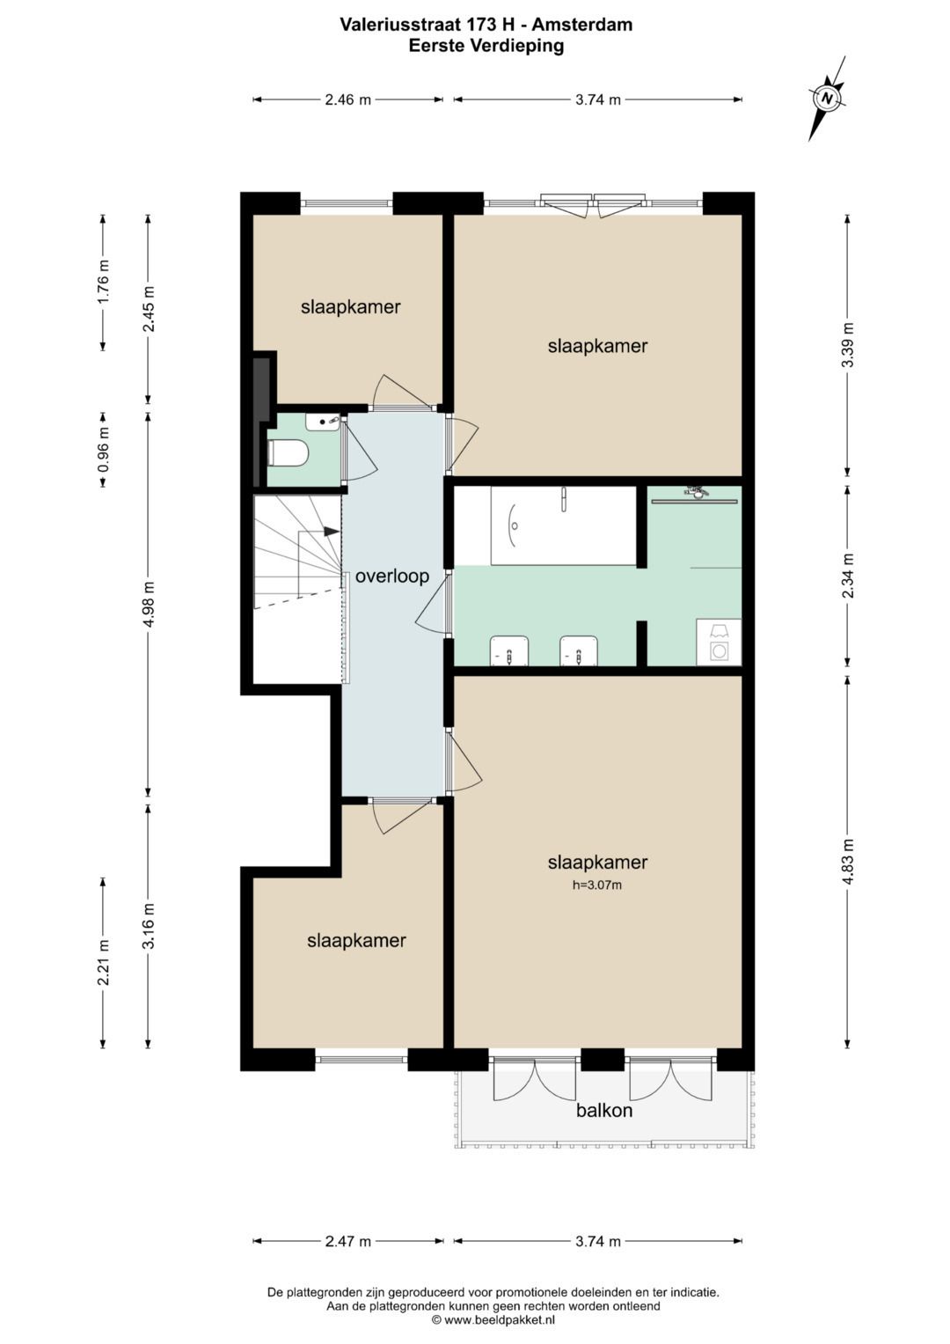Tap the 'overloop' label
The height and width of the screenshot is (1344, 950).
[392, 577]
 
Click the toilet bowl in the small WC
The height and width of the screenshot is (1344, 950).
[287, 453]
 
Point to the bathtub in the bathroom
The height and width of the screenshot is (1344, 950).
[563, 525]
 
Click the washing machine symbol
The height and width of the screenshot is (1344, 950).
[719, 642]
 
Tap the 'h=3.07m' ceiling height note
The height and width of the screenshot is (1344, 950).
[597, 885]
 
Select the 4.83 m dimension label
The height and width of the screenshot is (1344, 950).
[847, 862]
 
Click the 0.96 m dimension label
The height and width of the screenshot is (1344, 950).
[105, 448]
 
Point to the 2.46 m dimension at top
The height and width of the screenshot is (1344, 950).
[347, 100]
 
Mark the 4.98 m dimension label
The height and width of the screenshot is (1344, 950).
[150, 604]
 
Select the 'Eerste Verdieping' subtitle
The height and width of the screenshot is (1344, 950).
[486, 46]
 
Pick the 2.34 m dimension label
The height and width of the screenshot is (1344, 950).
[847, 576]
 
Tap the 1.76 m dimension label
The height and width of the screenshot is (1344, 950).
[105, 281]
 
